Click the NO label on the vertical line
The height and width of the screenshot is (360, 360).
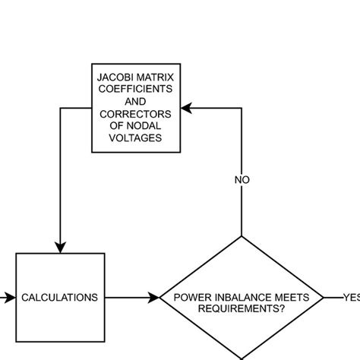tap(241, 180)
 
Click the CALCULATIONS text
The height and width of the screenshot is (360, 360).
tap(59, 298)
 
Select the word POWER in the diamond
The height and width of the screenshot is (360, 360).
tap(191, 297)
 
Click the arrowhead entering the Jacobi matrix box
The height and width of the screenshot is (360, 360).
tap(186, 108)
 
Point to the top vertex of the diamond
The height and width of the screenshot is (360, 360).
tap(241, 236)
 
